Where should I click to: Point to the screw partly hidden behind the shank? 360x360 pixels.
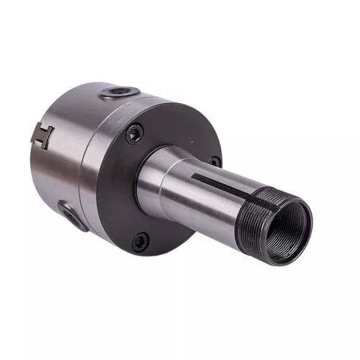[214, 162]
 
